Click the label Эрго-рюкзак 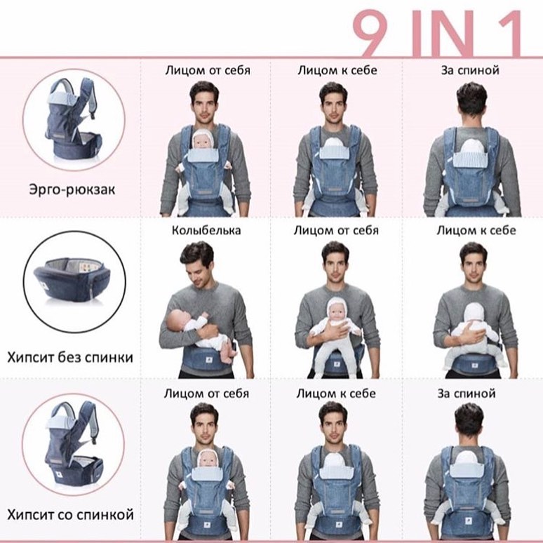point(72,190)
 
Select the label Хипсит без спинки point(70,357)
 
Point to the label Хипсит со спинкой point(70,515)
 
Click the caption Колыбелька point(206,230)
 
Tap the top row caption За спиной point(470,70)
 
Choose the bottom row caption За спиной point(466,394)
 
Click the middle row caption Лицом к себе point(476,230)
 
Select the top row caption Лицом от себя point(208,70)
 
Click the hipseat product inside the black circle point(72,280)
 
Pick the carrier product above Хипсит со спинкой point(73,445)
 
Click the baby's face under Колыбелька point(177,319)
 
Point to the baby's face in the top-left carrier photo point(203,142)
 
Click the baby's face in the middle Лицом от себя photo point(336,310)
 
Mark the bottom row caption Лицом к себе point(336,394)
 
